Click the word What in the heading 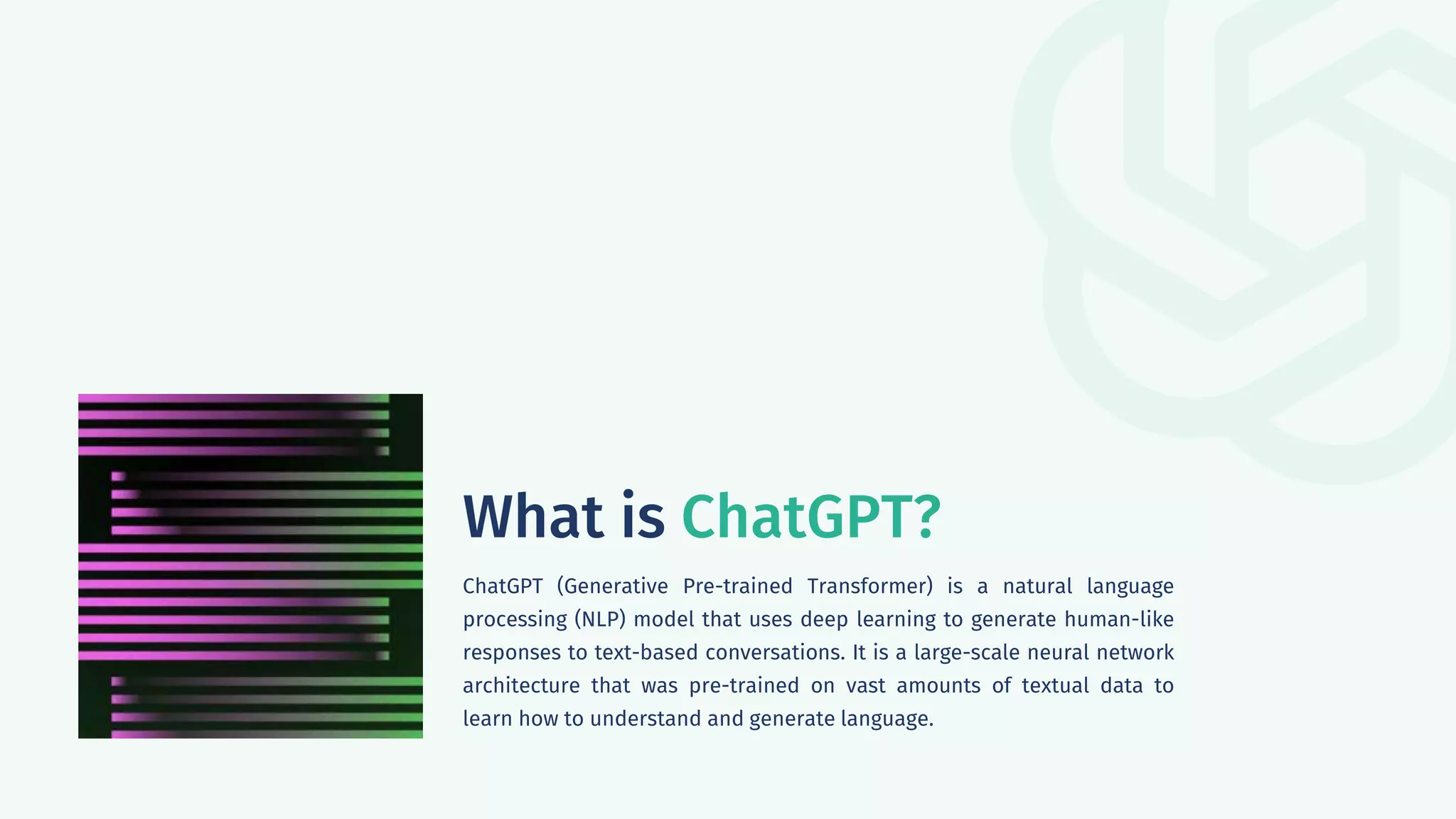click(532, 518)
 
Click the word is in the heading click(643, 518)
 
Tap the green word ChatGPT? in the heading click(810, 518)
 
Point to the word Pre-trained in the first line click(737, 587)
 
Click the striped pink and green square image click(250, 566)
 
